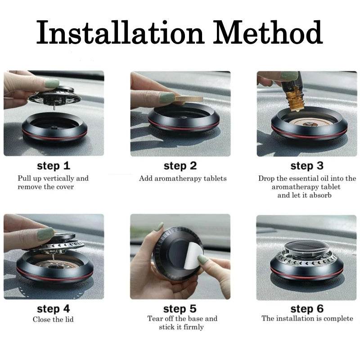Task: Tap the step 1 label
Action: coord(54,166)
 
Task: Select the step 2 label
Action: coord(180,166)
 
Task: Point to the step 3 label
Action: coord(307,166)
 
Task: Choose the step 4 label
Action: coord(54,309)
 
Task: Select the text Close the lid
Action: coord(53,319)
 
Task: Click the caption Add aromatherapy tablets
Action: coord(183,178)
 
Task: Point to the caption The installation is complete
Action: coord(307,319)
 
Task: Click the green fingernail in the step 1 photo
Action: coord(52,83)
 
